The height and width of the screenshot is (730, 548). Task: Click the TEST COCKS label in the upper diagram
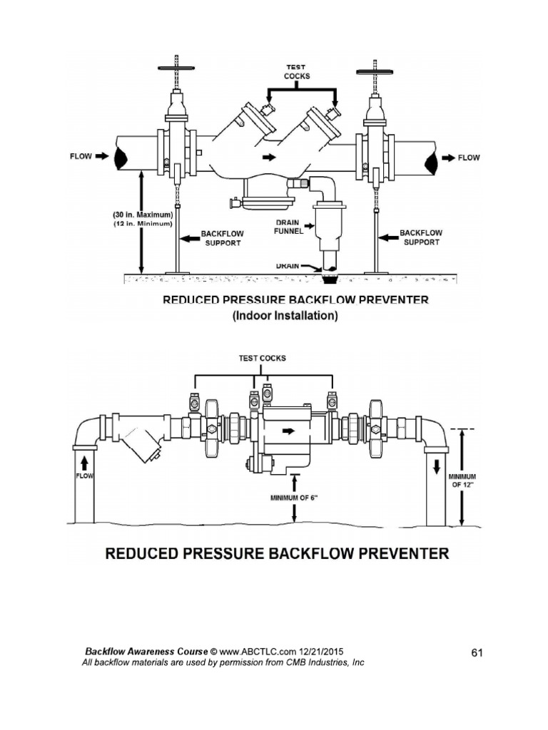click(296, 72)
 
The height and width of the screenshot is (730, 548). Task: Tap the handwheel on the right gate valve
click(375, 72)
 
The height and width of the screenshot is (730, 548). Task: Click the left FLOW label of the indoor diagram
click(81, 156)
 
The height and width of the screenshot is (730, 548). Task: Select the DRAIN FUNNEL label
click(288, 227)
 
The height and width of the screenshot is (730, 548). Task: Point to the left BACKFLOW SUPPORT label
click(223, 238)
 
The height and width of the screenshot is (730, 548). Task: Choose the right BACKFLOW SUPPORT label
click(421, 237)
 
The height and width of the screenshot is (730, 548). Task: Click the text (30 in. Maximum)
click(143, 215)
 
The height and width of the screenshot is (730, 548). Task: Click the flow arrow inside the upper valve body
click(269, 158)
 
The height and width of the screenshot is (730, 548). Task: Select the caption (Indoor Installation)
click(285, 316)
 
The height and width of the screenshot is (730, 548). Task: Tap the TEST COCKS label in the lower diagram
click(263, 358)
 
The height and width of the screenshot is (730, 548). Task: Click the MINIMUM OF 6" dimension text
click(294, 498)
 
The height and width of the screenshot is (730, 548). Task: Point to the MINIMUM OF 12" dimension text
click(462, 480)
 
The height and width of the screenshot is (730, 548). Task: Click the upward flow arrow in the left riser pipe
click(84, 462)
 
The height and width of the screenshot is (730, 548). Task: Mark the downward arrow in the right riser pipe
click(437, 467)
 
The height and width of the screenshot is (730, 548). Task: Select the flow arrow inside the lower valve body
click(289, 431)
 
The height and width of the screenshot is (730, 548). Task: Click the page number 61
click(477, 653)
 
